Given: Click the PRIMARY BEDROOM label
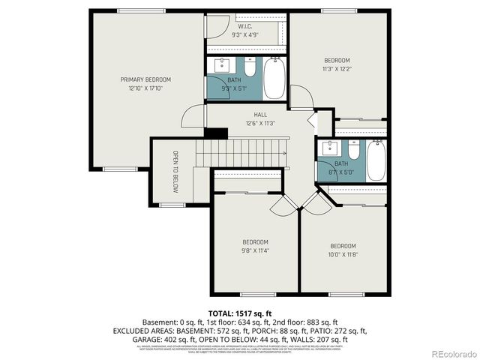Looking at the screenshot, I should pos(146,79).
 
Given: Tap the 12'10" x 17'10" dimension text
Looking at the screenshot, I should pos(146,88).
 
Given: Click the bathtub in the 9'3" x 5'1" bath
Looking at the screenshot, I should pos(274,79).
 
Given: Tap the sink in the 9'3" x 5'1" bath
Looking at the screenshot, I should pos(223,65).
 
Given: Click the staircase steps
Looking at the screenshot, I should pos(240,154).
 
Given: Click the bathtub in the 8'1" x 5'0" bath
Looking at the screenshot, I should pos(376,159).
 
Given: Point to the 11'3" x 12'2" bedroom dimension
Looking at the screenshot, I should pos(337,69).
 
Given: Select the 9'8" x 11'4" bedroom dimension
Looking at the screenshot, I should pos(255,251).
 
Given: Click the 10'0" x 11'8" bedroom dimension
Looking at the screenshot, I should pos(343,255).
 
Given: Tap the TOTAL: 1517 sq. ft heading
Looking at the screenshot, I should pos(240,312).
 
